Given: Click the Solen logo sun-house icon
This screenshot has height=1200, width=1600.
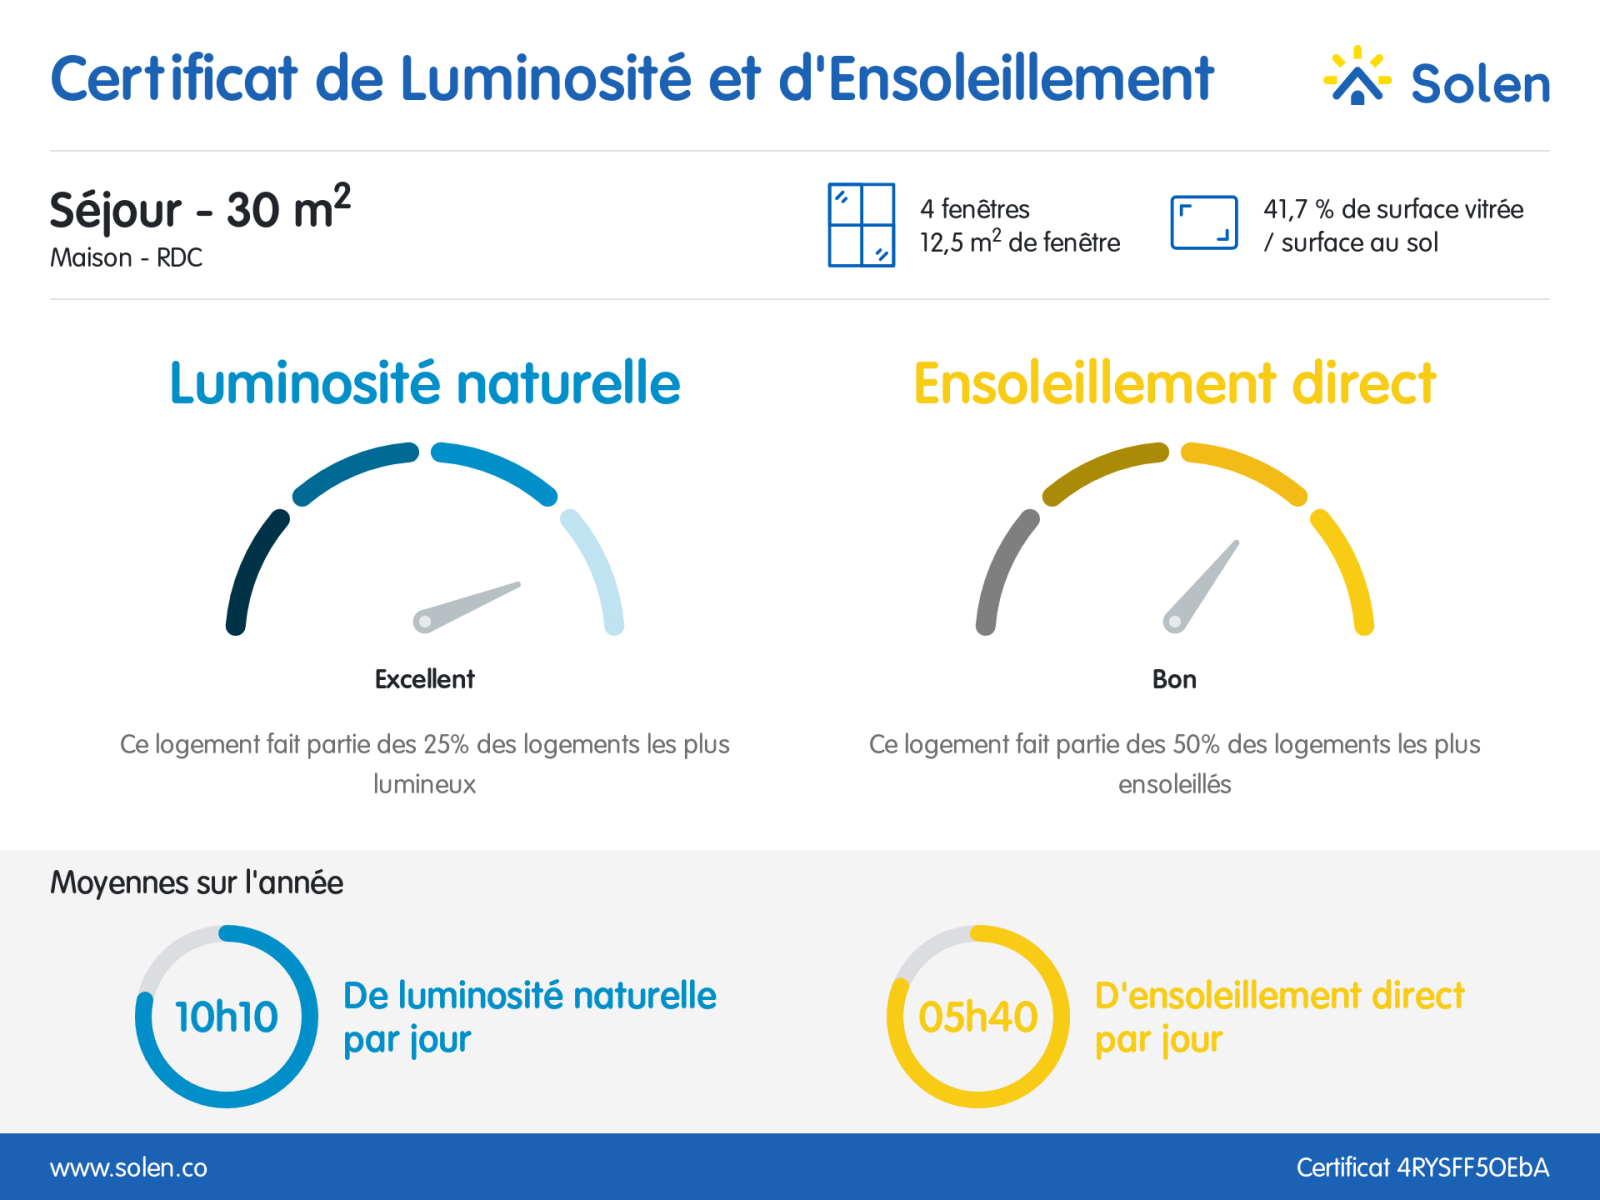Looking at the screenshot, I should tap(1357, 78).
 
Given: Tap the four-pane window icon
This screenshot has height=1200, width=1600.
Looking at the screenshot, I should tap(861, 225).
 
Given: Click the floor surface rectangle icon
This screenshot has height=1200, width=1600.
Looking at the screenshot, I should tap(1204, 222).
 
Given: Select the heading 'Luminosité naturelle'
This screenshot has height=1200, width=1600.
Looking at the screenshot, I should tap(425, 384).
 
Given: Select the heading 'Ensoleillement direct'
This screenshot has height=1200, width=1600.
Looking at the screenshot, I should tap(1174, 384).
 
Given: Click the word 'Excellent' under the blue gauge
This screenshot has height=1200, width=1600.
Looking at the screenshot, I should tap(425, 679).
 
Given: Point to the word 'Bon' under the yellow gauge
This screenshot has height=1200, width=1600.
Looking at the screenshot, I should tap(1174, 679).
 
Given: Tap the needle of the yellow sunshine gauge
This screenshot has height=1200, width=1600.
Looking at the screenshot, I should tap(1203, 584).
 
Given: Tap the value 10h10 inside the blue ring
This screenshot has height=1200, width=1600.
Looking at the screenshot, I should tap(227, 1017).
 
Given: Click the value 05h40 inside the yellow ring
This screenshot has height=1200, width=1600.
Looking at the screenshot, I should tap(978, 1017).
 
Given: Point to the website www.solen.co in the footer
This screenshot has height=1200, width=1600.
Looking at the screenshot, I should tap(129, 1168).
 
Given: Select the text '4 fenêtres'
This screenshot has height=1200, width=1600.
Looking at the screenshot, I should tap(975, 209).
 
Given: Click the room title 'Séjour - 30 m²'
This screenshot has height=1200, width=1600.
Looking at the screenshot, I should tap(200, 209).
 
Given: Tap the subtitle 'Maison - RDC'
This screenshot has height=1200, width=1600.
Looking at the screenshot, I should tap(127, 258).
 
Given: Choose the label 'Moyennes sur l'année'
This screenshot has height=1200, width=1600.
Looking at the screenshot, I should tap(197, 883).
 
